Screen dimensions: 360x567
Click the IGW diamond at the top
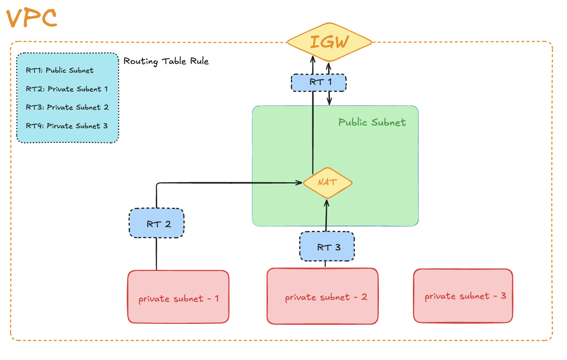[x=329, y=42]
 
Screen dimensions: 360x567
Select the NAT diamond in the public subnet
[x=327, y=183]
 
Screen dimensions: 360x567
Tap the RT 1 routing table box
[x=319, y=83]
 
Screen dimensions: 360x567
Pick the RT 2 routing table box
[x=157, y=223]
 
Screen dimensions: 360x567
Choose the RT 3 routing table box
[x=327, y=247]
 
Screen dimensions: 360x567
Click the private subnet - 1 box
[x=178, y=297]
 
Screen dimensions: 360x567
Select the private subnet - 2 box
[x=323, y=296]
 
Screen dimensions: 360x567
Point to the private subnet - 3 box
[x=463, y=296]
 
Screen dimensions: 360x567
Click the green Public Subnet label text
[x=372, y=122]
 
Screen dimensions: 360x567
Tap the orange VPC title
[x=32, y=18]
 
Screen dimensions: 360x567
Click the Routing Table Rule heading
[x=166, y=61]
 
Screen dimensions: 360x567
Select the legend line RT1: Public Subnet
[x=60, y=70]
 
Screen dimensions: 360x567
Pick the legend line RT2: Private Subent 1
[x=67, y=89]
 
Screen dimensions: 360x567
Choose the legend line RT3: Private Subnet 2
[x=67, y=107]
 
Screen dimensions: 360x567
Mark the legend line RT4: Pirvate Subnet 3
[x=67, y=126]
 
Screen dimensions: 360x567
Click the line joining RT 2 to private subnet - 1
[x=156, y=254]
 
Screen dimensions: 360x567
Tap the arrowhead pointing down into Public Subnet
[x=330, y=102]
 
